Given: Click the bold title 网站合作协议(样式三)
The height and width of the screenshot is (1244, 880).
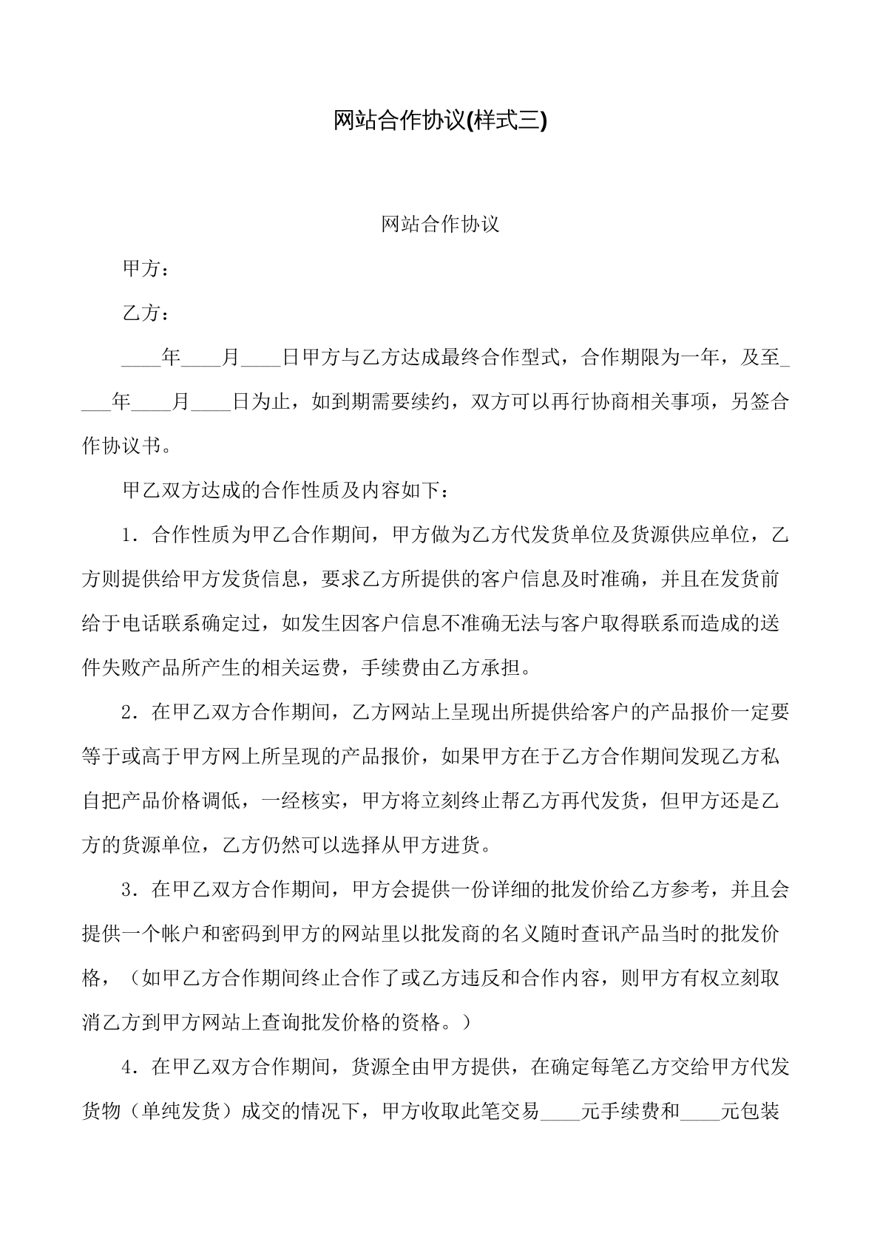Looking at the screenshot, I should pos(440,120).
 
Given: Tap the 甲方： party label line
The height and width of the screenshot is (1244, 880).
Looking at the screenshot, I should pos(146,269).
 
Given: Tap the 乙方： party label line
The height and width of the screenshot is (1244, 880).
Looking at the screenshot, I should pos(146,313).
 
